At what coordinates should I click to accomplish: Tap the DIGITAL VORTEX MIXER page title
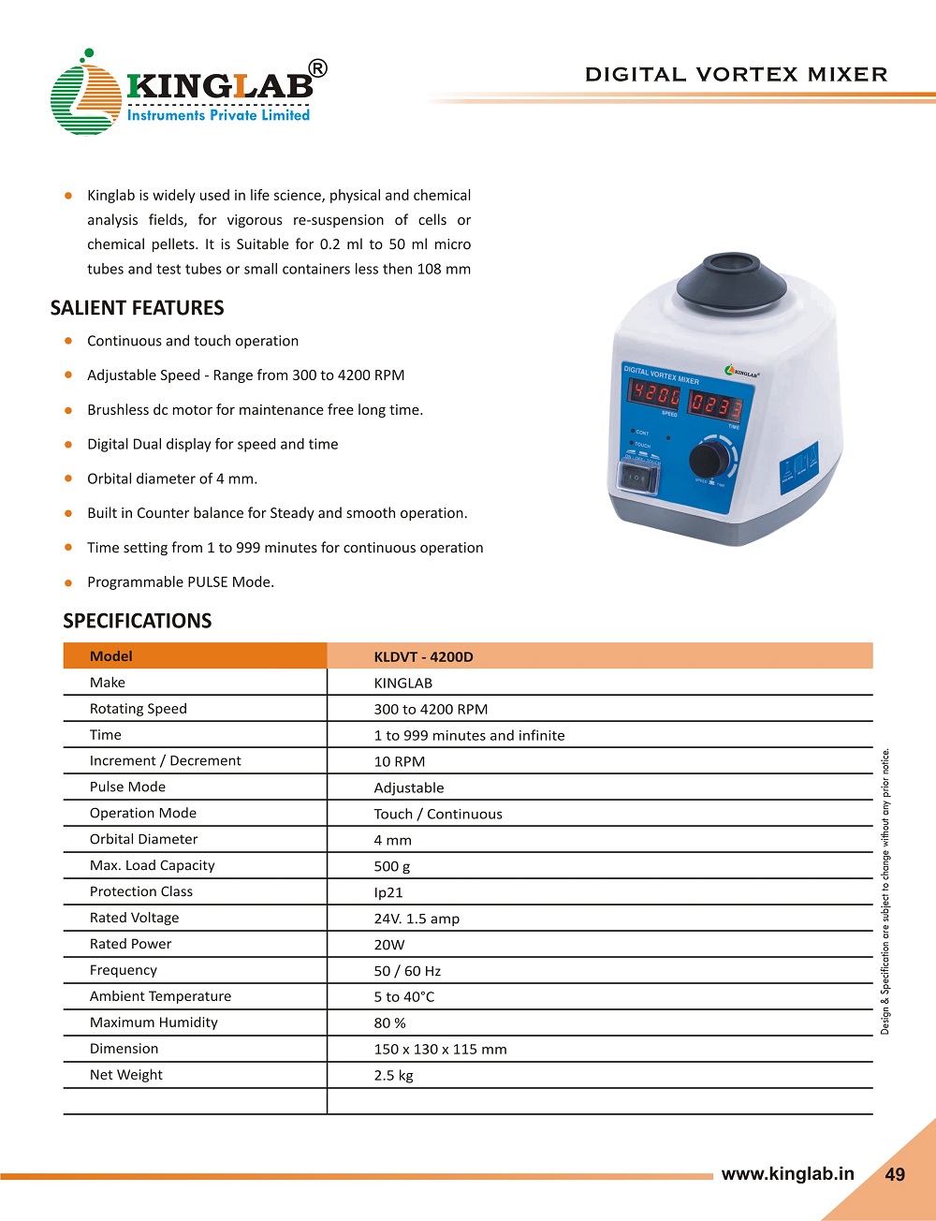[736, 75]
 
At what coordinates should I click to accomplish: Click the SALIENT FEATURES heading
[137, 308]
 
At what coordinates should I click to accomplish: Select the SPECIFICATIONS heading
[137, 621]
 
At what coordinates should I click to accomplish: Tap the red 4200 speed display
[654, 394]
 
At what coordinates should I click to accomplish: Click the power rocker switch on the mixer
[638, 478]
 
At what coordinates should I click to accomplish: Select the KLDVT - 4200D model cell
[423, 656]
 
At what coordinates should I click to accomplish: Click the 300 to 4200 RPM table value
[431, 709]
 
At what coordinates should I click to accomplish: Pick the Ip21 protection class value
[388, 892]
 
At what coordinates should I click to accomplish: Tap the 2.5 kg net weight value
[393, 1075]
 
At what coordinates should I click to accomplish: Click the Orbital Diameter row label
[143, 839]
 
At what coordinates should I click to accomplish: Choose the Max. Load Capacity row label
[152, 865]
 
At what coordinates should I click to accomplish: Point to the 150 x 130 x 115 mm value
[440, 1049]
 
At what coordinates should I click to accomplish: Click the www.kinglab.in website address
[787, 1173]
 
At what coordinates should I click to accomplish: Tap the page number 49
[895, 1174]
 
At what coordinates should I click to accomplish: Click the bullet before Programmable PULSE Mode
[68, 582]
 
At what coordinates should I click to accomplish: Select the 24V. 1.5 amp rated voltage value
[417, 919]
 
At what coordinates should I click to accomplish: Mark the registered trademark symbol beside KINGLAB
[318, 68]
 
